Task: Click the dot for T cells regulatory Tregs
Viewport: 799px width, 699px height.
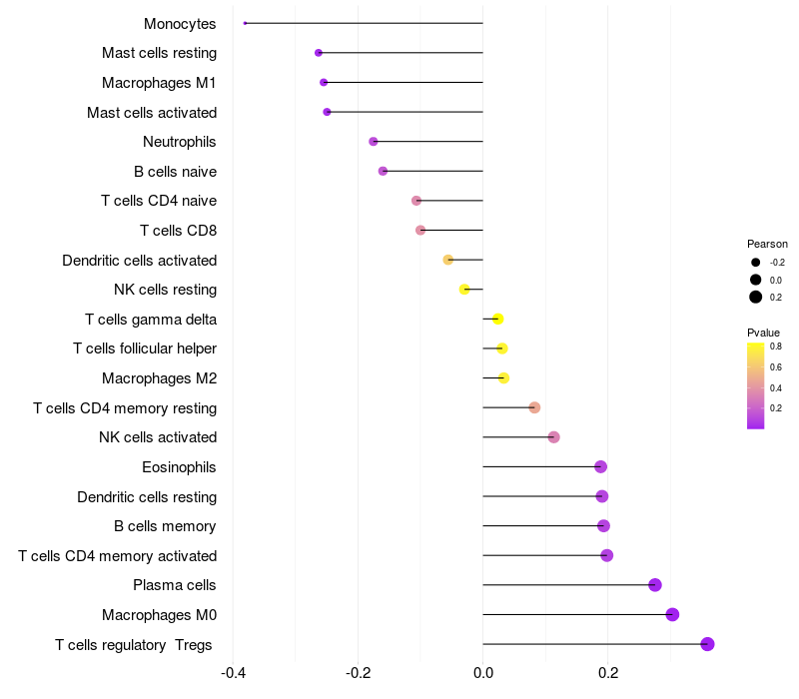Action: tap(707, 644)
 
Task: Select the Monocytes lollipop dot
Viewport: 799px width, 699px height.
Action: tap(245, 23)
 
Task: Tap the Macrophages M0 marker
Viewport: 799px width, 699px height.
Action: tap(672, 614)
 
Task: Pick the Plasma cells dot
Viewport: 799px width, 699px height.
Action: tap(655, 585)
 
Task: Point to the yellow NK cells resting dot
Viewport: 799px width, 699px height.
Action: tap(464, 290)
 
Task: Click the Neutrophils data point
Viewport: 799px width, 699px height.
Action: tap(374, 142)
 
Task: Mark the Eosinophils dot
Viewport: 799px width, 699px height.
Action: tap(600, 466)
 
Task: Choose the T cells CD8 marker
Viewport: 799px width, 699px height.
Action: tap(420, 231)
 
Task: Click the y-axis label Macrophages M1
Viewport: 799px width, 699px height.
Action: tap(159, 83)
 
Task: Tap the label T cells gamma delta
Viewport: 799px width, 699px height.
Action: tap(151, 320)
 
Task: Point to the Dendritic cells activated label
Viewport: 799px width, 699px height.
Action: tap(139, 261)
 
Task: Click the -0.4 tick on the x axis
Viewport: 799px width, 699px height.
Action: tap(233, 673)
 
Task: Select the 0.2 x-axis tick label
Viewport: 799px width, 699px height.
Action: tap(607, 673)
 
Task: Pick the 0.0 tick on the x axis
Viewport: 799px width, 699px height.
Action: tap(482, 673)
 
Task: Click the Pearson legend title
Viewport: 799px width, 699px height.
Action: tap(767, 244)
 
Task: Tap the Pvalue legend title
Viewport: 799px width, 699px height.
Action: tap(764, 333)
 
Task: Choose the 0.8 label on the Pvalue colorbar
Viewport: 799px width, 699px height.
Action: tap(776, 347)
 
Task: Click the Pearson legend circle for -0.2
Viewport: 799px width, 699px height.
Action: tap(756, 263)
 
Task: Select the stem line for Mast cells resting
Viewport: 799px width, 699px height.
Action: tap(399, 53)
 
